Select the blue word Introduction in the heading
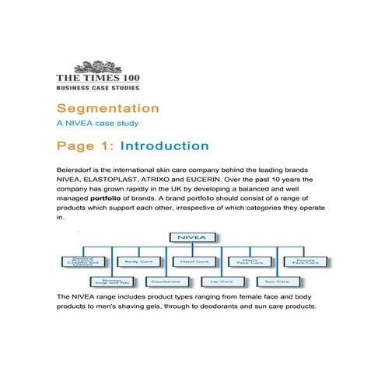[x=165, y=146]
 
